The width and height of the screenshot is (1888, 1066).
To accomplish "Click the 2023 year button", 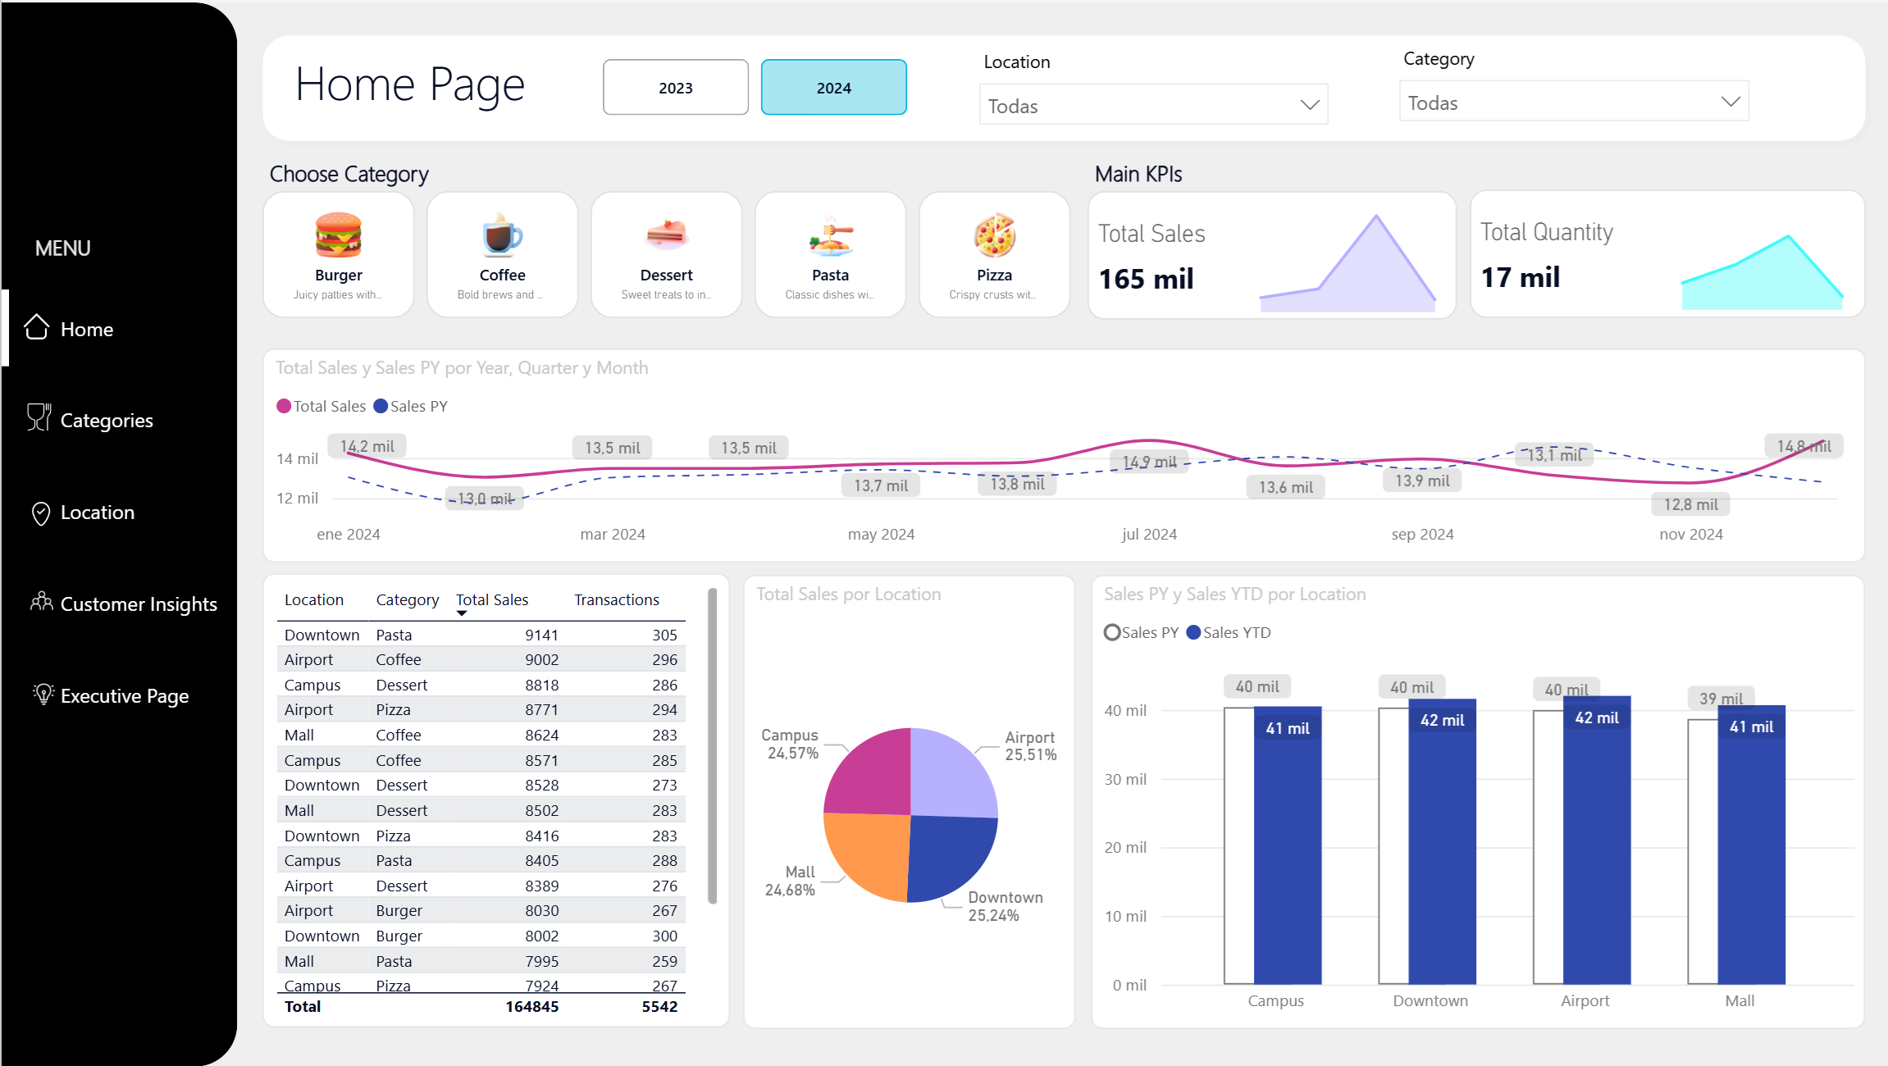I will tap(675, 88).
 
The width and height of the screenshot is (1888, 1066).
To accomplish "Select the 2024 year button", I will tap(833, 88).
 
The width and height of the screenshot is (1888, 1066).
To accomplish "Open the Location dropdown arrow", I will tap(1309, 105).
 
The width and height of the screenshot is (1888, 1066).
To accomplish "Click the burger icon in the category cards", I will tap(338, 235).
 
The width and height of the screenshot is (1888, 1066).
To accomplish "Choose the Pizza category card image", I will tap(994, 235).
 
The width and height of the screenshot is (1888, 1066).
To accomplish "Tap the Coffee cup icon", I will tap(502, 235).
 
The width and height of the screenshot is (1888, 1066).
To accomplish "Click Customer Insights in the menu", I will tap(138, 604).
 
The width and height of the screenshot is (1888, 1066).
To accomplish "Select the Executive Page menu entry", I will tap(124, 696).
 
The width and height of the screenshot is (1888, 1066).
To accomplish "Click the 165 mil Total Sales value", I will tap(1146, 279).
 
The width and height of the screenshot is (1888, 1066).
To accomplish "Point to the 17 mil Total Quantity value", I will tap(1520, 277).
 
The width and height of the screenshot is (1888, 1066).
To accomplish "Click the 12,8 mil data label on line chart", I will tap(1690, 504).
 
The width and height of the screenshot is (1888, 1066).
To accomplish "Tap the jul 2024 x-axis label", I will tap(1148, 535).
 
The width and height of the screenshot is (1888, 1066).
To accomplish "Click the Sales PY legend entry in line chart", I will tap(411, 406).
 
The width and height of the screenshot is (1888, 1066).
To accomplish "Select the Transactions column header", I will tap(616, 600).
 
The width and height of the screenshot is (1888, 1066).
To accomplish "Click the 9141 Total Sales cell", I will tap(541, 635).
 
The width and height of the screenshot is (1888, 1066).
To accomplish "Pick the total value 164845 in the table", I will tap(531, 1006).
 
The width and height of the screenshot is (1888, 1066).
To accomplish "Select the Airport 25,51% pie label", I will tap(1030, 746).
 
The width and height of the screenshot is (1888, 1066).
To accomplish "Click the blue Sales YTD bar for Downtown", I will tap(1442, 845).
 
